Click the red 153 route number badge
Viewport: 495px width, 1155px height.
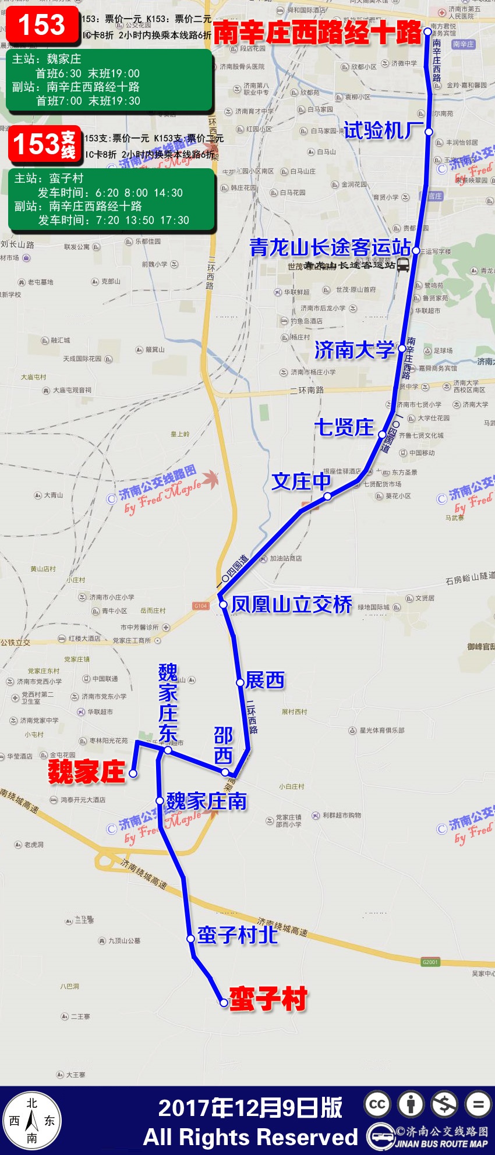point(42,26)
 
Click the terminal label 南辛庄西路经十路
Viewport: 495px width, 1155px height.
point(317,33)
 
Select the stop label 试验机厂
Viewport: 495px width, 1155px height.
point(383,131)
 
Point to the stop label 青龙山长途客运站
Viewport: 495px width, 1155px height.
point(330,247)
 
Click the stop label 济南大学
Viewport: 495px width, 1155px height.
point(354,350)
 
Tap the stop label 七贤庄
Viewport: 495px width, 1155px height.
point(344,427)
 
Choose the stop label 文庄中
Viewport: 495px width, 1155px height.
point(300,481)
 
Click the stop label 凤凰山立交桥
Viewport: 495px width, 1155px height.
point(292,605)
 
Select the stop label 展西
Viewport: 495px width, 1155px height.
point(265,680)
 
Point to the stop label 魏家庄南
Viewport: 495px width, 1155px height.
point(207,802)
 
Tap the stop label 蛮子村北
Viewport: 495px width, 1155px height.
point(237,935)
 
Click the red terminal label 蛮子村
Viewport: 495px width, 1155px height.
point(268,999)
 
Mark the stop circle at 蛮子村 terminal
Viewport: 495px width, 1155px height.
point(224,1002)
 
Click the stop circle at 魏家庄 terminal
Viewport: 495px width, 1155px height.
point(133,774)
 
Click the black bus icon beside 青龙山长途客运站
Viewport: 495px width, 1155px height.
point(402,265)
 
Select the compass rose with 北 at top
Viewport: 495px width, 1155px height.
point(33,1121)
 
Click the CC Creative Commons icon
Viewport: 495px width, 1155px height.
point(377,1104)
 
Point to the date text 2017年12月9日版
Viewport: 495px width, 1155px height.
point(250,1108)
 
